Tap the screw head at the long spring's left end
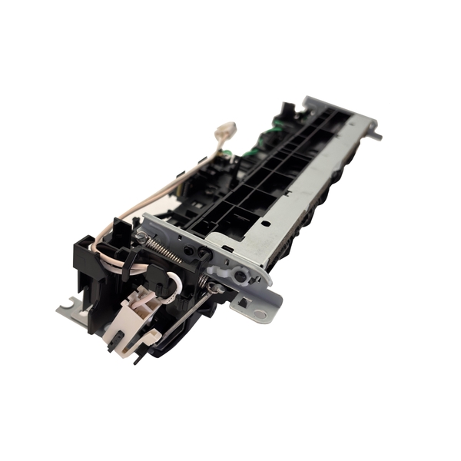[x=142, y=237]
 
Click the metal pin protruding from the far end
[x=376, y=136]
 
